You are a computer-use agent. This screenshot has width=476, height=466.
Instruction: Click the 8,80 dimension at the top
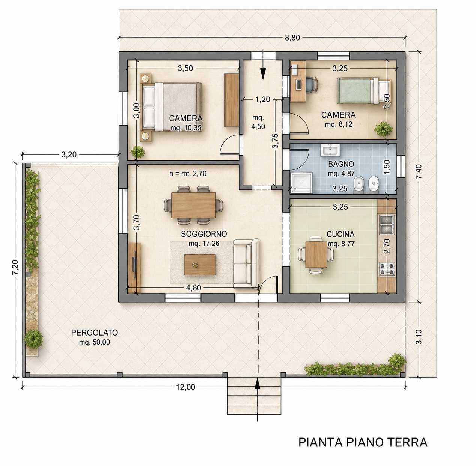[x=292, y=38]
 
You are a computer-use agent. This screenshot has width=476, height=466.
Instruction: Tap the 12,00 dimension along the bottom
[x=186, y=387]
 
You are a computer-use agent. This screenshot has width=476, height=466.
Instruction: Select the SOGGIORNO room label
[x=204, y=234]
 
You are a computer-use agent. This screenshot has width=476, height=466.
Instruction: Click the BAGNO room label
[x=341, y=164]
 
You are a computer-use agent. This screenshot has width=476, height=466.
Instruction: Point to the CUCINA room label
[x=340, y=235]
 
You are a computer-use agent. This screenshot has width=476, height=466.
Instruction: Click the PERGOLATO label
[x=95, y=333]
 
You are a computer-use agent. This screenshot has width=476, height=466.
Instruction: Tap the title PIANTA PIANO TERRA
[x=363, y=442]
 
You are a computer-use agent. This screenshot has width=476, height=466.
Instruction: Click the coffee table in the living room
[x=200, y=265]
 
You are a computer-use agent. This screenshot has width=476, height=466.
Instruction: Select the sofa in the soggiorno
[x=246, y=263]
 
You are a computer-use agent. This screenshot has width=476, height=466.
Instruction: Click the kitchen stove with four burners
[x=387, y=268]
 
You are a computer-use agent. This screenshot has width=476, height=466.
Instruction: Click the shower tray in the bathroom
[x=301, y=183]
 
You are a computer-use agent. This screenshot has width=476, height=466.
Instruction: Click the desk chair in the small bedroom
[x=311, y=85]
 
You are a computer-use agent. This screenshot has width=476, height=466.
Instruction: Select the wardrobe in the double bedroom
[x=231, y=100]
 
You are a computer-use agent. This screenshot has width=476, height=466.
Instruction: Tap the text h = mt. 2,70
[x=188, y=173]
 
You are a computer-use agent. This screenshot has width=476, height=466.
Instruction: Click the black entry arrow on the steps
[x=257, y=383]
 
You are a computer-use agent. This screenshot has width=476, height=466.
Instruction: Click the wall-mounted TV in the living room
[x=134, y=264]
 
